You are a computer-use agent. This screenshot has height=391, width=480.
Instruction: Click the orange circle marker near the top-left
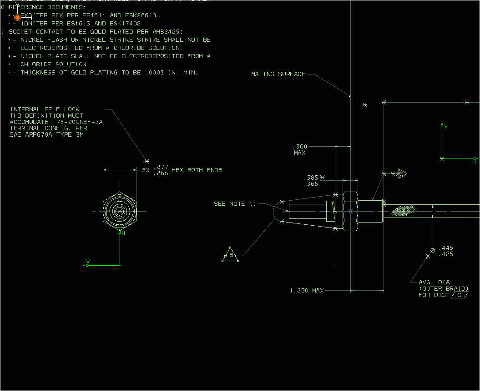(17, 18)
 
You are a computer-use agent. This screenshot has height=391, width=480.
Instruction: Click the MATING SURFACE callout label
(278, 74)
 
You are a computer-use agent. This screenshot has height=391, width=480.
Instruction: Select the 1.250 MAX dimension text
(307, 291)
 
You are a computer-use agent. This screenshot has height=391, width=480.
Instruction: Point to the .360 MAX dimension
(300, 149)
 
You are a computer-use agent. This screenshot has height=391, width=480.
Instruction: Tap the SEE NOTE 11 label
(235, 204)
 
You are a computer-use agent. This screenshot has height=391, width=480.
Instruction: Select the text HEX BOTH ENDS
(197, 170)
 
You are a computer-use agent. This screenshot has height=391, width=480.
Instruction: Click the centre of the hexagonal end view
(120, 211)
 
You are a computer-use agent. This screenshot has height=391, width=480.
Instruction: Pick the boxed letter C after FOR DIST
(460, 295)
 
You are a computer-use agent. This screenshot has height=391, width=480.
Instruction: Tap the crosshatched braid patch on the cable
(403, 210)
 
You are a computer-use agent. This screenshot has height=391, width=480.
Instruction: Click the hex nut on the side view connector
(350, 211)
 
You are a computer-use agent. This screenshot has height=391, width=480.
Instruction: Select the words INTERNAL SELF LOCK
(45, 109)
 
